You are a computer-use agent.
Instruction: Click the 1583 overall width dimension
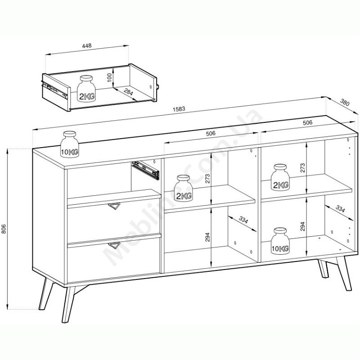[179, 109]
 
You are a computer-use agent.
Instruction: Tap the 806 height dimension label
[4, 229]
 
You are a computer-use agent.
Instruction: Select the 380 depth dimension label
[344, 103]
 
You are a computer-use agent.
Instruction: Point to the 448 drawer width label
[87, 45]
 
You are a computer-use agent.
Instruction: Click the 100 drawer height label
[109, 77]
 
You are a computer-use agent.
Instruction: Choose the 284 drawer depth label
[129, 92]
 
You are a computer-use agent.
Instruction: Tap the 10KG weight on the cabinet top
[70, 144]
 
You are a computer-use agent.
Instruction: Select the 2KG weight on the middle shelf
[183, 188]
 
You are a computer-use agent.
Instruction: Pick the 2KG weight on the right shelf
[280, 177]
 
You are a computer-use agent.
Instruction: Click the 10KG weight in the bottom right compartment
[280, 241]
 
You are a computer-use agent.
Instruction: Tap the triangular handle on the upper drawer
[114, 206]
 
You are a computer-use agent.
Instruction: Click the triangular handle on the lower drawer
[114, 245]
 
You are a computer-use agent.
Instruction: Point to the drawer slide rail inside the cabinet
[145, 170]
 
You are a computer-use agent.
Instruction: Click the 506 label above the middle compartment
[211, 133]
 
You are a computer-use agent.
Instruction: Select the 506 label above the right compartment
[308, 122]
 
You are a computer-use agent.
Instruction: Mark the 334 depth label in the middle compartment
[243, 220]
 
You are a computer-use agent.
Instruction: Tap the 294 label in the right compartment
[303, 226]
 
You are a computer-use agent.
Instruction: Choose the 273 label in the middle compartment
[207, 179]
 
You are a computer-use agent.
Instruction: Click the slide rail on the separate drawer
[54, 89]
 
